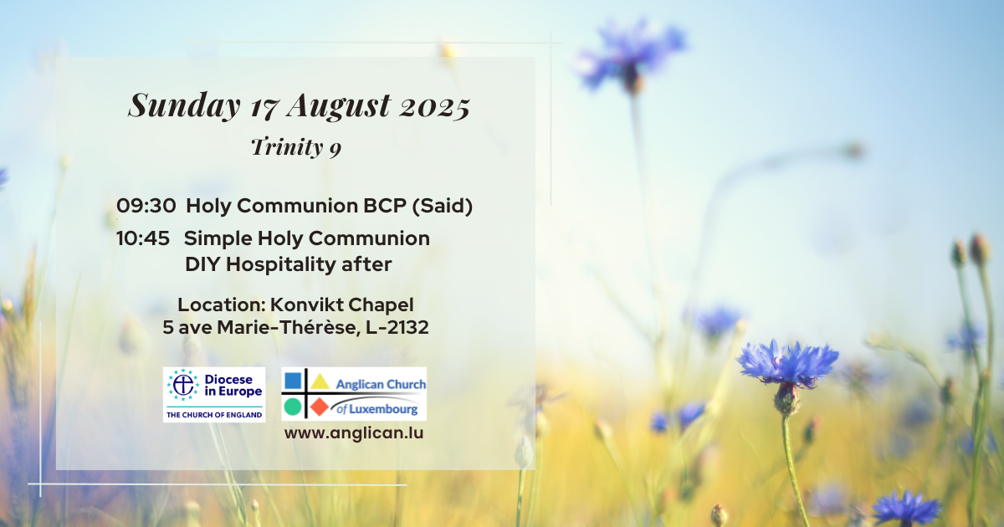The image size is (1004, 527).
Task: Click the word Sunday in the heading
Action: point(184,105)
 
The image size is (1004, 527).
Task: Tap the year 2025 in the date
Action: point(435,108)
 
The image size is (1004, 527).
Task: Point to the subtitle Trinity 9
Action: point(296,147)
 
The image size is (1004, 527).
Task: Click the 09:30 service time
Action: point(146,206)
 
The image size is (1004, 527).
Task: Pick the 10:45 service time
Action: point(143,238)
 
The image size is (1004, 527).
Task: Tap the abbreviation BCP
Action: point(385,206)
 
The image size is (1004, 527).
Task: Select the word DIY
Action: point(202,264)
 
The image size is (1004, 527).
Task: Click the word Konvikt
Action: point(305,304)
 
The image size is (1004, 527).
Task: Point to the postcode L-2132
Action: point(397,328)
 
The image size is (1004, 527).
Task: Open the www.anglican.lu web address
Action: point(354,433)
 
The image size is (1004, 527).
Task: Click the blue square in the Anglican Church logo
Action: point(293,381)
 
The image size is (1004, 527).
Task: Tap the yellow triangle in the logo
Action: point(320,381)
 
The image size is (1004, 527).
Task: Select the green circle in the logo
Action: point(293,407)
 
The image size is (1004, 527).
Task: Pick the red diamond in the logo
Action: point(320,407)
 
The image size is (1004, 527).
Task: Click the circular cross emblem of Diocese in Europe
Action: point(183,385)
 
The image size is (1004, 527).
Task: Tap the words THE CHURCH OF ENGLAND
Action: point(214,415)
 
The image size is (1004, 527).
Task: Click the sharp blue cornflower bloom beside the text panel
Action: point(787,362)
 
